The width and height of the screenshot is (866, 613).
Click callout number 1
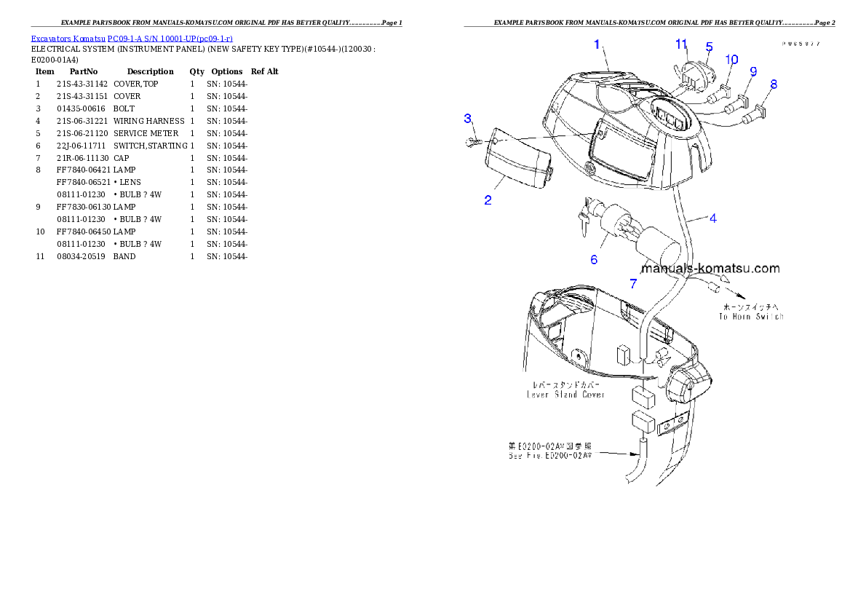click(x=597, y=44)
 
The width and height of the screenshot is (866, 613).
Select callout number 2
click(x=488, y=200)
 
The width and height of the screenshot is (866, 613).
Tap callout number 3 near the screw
click(x=468, y=118)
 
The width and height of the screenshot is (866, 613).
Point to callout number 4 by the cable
click(x=712, y=218)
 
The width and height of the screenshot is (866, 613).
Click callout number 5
click(x=708, y=47)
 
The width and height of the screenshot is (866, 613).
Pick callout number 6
click(x=594, y=259)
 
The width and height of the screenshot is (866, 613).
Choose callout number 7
click(x=633, y=284)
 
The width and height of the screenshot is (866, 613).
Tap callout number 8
click(x=773, y=84)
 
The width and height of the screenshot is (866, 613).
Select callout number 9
click(x=752, y=71)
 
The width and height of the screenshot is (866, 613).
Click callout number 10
click(x=731, y=59)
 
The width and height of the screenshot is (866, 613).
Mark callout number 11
click(x=681, y=44)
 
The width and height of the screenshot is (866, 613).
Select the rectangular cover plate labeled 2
click(x=517, y=157)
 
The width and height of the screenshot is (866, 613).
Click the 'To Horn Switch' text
click(x=750, y=317)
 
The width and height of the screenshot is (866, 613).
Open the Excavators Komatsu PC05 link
click(x=132, y=39)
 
